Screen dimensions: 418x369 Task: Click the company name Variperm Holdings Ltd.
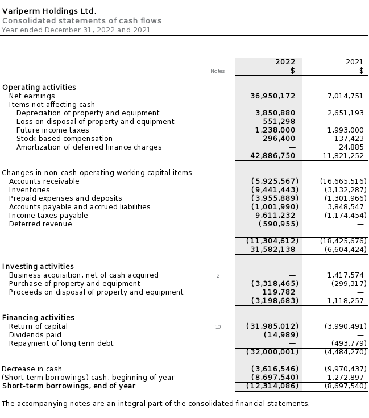(x=49, y=11)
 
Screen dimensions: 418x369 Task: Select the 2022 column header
(x=285, y=62)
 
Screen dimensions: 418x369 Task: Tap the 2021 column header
(x=354, y=62)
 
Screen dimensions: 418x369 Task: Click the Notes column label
(x=217, y=71)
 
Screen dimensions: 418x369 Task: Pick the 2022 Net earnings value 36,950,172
(x=272, y=96)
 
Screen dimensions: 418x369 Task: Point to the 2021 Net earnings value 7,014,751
(x=345, y=96)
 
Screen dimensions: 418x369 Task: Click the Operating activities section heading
(x=39, y=88)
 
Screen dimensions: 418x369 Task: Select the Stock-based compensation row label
(x=64, y=139)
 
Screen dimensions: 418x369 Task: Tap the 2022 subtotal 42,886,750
(x=272, y=155)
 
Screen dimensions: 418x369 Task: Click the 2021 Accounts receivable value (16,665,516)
(x=343, y=181)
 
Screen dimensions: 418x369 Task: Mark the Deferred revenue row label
(x=40, y=224)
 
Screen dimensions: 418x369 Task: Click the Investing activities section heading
(x=38, y=267)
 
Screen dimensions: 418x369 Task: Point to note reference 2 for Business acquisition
(x=218, y=276)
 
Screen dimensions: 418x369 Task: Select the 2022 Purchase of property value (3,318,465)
(x=275, y=284)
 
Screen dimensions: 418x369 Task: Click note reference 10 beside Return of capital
(x=218, y=327)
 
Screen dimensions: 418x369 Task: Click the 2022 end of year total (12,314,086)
(x=272, y=386)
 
